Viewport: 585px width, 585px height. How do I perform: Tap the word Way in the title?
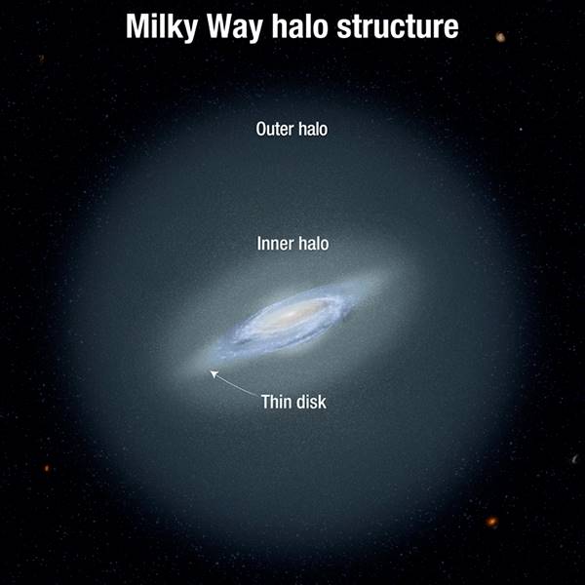(x=235, y=27)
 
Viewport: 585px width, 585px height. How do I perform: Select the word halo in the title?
(x=299, y=26)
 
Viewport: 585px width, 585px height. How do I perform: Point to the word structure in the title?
(x=398, y=27)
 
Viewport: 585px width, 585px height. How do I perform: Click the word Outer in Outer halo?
(x=275, y=129)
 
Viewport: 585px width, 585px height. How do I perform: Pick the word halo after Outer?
(x=313, y=129)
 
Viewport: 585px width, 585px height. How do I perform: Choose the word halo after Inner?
(x=314, y=243)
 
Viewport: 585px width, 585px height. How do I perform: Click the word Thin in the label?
(x=276, y=402)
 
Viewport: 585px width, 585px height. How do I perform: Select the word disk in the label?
(x=311, y=402)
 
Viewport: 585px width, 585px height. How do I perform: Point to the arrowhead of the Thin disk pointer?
(x=214, y=373)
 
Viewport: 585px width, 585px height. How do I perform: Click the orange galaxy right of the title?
(x=500, y=37)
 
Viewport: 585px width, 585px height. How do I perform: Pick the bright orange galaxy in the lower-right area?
(x=491, y=522)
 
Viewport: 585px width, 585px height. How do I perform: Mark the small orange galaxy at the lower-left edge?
(x=47, y=468)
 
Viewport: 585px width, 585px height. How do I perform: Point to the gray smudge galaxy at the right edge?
(x=575, y=458)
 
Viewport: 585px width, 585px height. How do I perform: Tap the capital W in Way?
(x=221, y=26)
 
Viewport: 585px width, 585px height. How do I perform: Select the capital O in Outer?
(x=260, y=130)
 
